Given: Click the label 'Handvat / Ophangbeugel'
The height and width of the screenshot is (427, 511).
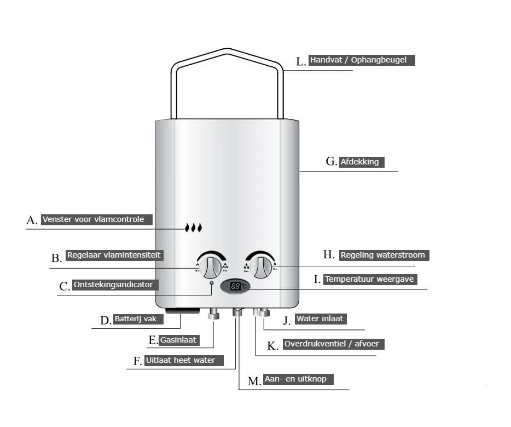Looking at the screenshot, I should click(361, 60).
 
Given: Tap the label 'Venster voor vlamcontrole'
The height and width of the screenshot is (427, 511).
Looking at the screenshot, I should click(96, 219).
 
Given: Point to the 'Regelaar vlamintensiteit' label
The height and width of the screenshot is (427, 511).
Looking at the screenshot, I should click(114, 255).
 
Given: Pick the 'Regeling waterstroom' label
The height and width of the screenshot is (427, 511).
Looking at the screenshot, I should click(382, 255).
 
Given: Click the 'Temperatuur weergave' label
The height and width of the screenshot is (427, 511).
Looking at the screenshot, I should click(370, 279).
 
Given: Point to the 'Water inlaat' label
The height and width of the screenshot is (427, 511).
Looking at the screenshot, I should click(321, 318).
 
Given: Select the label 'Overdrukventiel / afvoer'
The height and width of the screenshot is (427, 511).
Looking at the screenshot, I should click(334, 344).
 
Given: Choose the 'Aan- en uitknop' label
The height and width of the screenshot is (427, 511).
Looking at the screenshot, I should click(298, 379).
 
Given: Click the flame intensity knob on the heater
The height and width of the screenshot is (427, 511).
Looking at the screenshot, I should click(210, 267).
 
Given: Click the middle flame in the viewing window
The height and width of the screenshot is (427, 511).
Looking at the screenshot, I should click(193, 227).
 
